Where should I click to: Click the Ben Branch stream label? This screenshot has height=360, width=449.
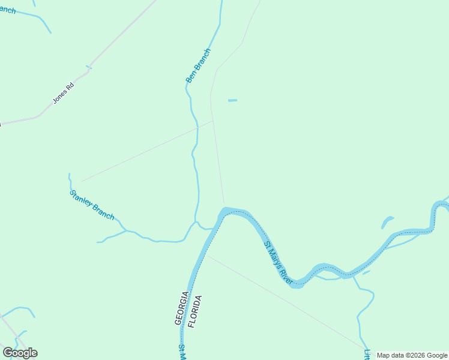coord(199,65)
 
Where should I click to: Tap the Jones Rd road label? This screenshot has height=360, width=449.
coord(63,93)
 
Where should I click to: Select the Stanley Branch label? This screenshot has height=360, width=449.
coord(92,205)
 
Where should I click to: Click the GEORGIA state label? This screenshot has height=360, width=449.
coord(182,308)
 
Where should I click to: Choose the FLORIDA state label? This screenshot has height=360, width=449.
coord(196,311)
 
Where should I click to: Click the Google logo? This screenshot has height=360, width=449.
coord(20,353)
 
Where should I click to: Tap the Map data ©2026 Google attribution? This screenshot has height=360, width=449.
coord(412,355)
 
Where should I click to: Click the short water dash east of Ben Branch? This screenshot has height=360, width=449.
coord(232,100)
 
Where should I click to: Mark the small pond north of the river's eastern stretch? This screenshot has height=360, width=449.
coord(387,222)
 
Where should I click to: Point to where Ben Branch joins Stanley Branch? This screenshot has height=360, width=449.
coord(196,223)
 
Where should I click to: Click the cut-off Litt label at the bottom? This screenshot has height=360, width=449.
coord(367,353)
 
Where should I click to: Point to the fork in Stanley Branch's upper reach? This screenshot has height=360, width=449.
coord(125,230)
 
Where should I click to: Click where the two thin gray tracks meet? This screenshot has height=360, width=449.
coord(213,121)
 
